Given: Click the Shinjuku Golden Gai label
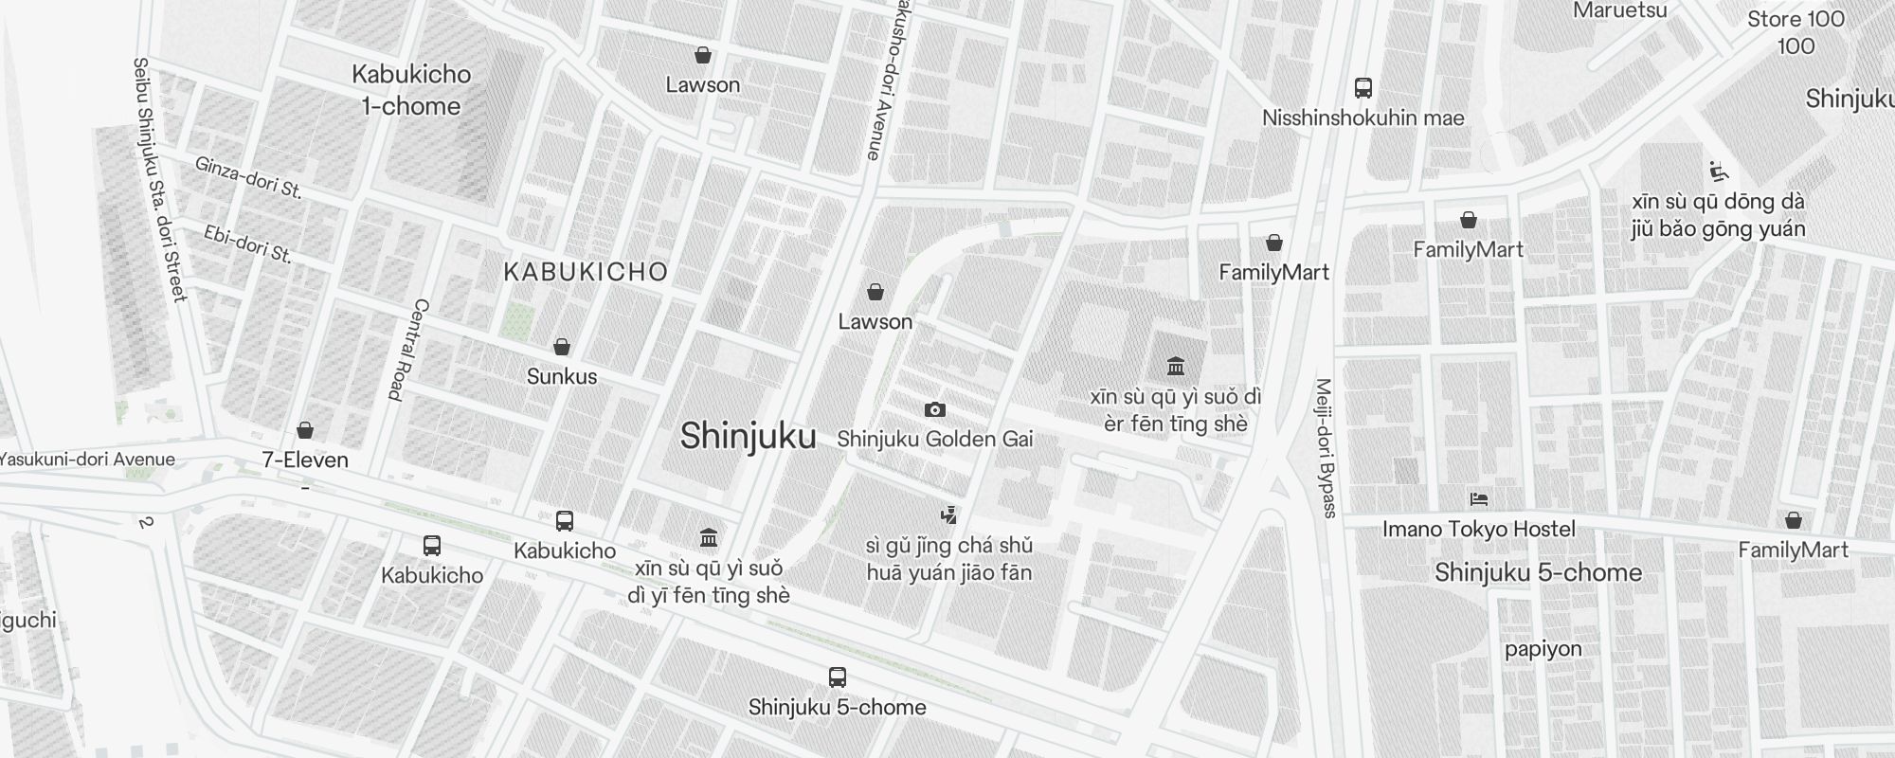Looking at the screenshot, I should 934,440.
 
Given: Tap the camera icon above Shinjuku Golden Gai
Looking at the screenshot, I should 935,409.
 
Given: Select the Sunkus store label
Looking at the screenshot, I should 562,376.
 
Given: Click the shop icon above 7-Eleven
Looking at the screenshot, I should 305,431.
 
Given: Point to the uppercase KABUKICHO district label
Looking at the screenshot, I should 586,273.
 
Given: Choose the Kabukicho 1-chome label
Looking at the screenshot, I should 411,90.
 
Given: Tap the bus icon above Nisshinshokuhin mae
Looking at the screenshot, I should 1363,88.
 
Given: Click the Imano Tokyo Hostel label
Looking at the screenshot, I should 1478,529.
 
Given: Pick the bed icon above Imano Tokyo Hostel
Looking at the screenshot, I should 1478,498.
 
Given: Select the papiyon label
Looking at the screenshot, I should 1543,649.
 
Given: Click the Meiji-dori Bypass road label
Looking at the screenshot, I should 1326,448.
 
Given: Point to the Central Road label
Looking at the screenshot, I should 409,350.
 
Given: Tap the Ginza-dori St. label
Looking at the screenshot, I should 248,177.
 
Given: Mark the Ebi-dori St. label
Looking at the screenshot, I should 248,244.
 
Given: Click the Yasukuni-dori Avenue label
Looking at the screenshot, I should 87,460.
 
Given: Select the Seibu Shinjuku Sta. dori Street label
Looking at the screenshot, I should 159,180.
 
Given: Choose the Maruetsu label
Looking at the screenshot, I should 1619,10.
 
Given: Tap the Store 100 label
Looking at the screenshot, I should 1796,20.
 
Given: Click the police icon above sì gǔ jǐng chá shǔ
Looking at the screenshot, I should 948,515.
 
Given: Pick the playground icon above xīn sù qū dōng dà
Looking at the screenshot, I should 1718,171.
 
